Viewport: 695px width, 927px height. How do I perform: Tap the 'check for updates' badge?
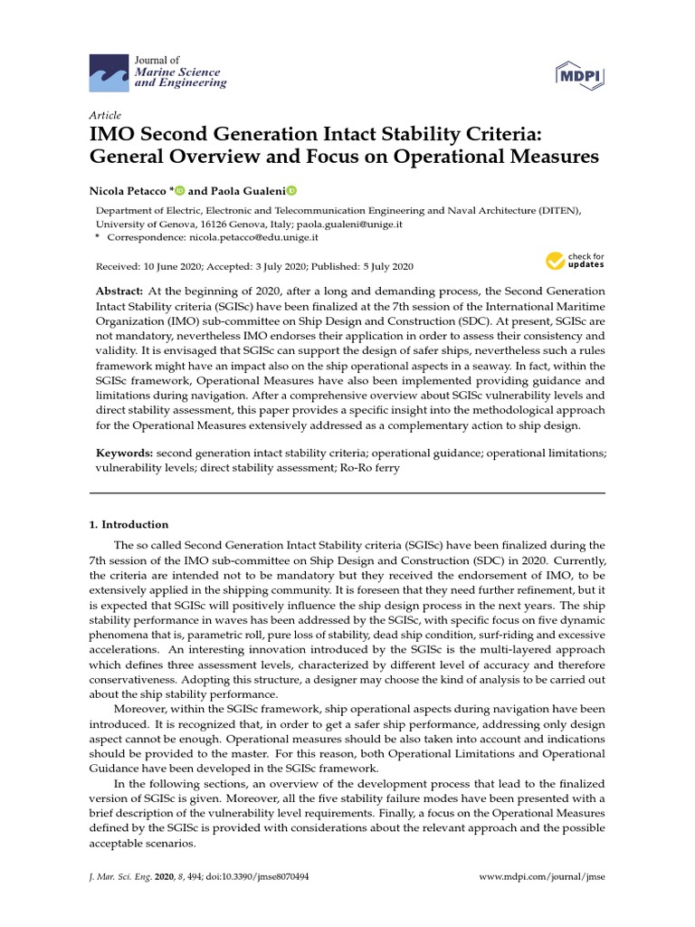[x=576, y=262]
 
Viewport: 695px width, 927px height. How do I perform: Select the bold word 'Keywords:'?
[x=125, y=451]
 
